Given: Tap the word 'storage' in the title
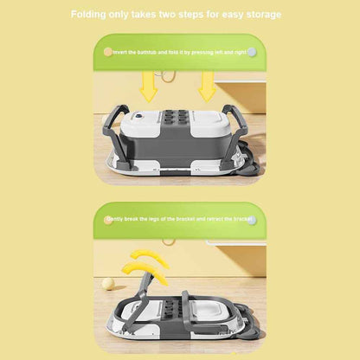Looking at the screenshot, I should (259, 15).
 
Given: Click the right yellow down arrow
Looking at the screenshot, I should (208, 87).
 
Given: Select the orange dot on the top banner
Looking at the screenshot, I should (107, 52).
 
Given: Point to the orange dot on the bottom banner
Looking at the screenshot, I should (107, 220).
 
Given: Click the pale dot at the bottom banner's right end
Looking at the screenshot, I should (253, 220).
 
